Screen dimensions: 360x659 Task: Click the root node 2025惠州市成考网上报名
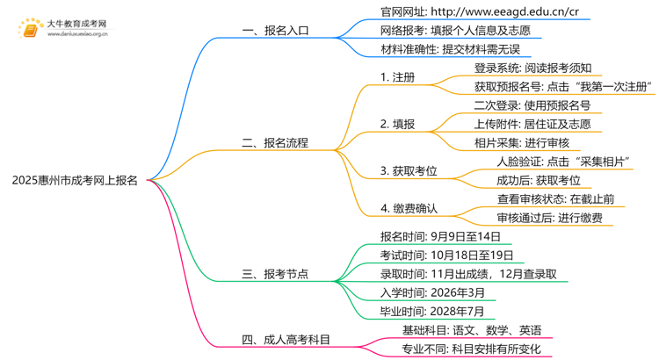(x=76, y=180)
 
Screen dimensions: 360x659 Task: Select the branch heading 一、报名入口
(x=275, y=30)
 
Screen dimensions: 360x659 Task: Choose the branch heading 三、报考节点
(x=275, y=274)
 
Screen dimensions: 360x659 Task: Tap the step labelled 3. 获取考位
(x=409, y=169)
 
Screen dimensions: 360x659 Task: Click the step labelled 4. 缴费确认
(x=409, y=209)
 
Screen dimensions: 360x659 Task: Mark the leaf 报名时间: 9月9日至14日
(x=440, y=236)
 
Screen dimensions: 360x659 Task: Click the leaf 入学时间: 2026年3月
(x=432, y=292)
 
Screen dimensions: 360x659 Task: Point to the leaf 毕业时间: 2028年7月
(x=432, y=311)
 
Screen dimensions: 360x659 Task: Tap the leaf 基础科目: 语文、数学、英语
(x=471, y=330)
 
